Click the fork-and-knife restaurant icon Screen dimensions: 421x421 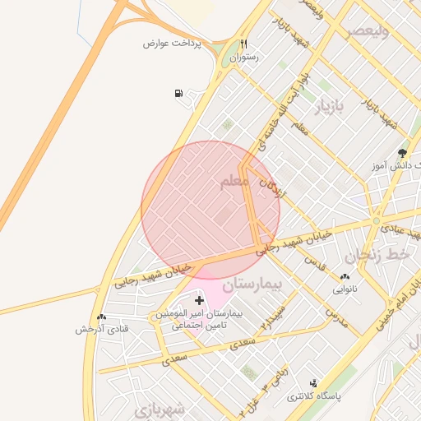tap(243, 44)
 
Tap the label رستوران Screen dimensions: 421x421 tap(244, 58)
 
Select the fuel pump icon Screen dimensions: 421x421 tap(178, 93)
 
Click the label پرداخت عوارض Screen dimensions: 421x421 tap(168, 43)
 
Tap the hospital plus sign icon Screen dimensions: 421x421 tap(199, 301)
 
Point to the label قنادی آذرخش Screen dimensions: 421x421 tap(99, 329)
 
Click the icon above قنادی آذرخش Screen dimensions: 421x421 tap(100, 317)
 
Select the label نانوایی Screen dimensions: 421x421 tap(345, 289)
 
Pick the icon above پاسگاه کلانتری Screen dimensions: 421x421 tap(312, 383)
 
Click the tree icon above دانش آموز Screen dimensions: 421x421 tap(402, 152)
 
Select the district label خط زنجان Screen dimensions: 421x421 tap(377, 257)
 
